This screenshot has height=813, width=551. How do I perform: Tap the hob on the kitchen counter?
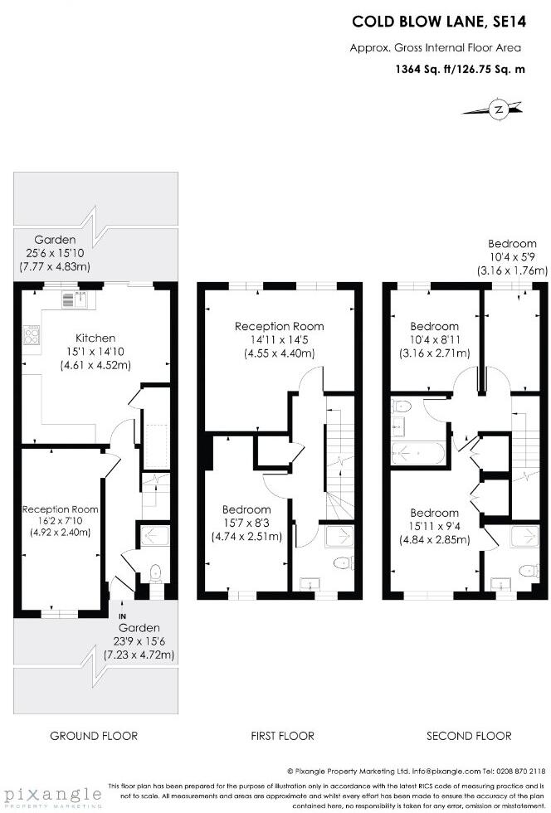pyautogui.click(x=32, y=336)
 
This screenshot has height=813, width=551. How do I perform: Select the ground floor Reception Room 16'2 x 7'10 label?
pyautogui.click(x=61, y=521)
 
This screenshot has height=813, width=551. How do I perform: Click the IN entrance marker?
pyautogui.click(x=122, y=616)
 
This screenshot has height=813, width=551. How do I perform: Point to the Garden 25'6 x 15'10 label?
pyautogui.click(x=55, y=252)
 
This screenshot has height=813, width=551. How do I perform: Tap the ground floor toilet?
pyautogui.click(x=155, y=572)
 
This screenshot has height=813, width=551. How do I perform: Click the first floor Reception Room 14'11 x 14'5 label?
pyautogui.click(x=279, y=338)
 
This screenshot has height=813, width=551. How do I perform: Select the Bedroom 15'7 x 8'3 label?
pyautogui.click(x=246, y=523)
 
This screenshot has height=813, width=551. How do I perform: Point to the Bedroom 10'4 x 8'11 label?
pyautogui.click(x=434, y=338)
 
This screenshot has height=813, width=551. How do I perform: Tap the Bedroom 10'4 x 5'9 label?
pyautogui.click(x=512, y=256)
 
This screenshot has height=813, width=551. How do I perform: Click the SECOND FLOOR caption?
pyautogui.click(x=469, y=736)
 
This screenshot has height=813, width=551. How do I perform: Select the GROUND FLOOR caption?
pyautogui.click(x=94, y=736)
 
